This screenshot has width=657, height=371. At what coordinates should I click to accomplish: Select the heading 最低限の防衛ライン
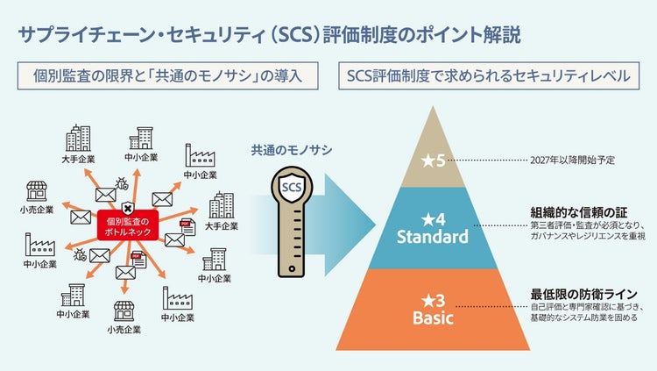[x=583, y=294]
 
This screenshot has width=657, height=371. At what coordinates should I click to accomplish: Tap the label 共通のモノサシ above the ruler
[x=291, y=150]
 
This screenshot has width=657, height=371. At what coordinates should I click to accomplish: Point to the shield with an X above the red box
[x=127, y=207]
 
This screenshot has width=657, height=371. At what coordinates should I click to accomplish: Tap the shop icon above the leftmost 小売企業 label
[x=37, y=192]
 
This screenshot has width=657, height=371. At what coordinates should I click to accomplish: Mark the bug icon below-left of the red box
[x=81, y=254]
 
